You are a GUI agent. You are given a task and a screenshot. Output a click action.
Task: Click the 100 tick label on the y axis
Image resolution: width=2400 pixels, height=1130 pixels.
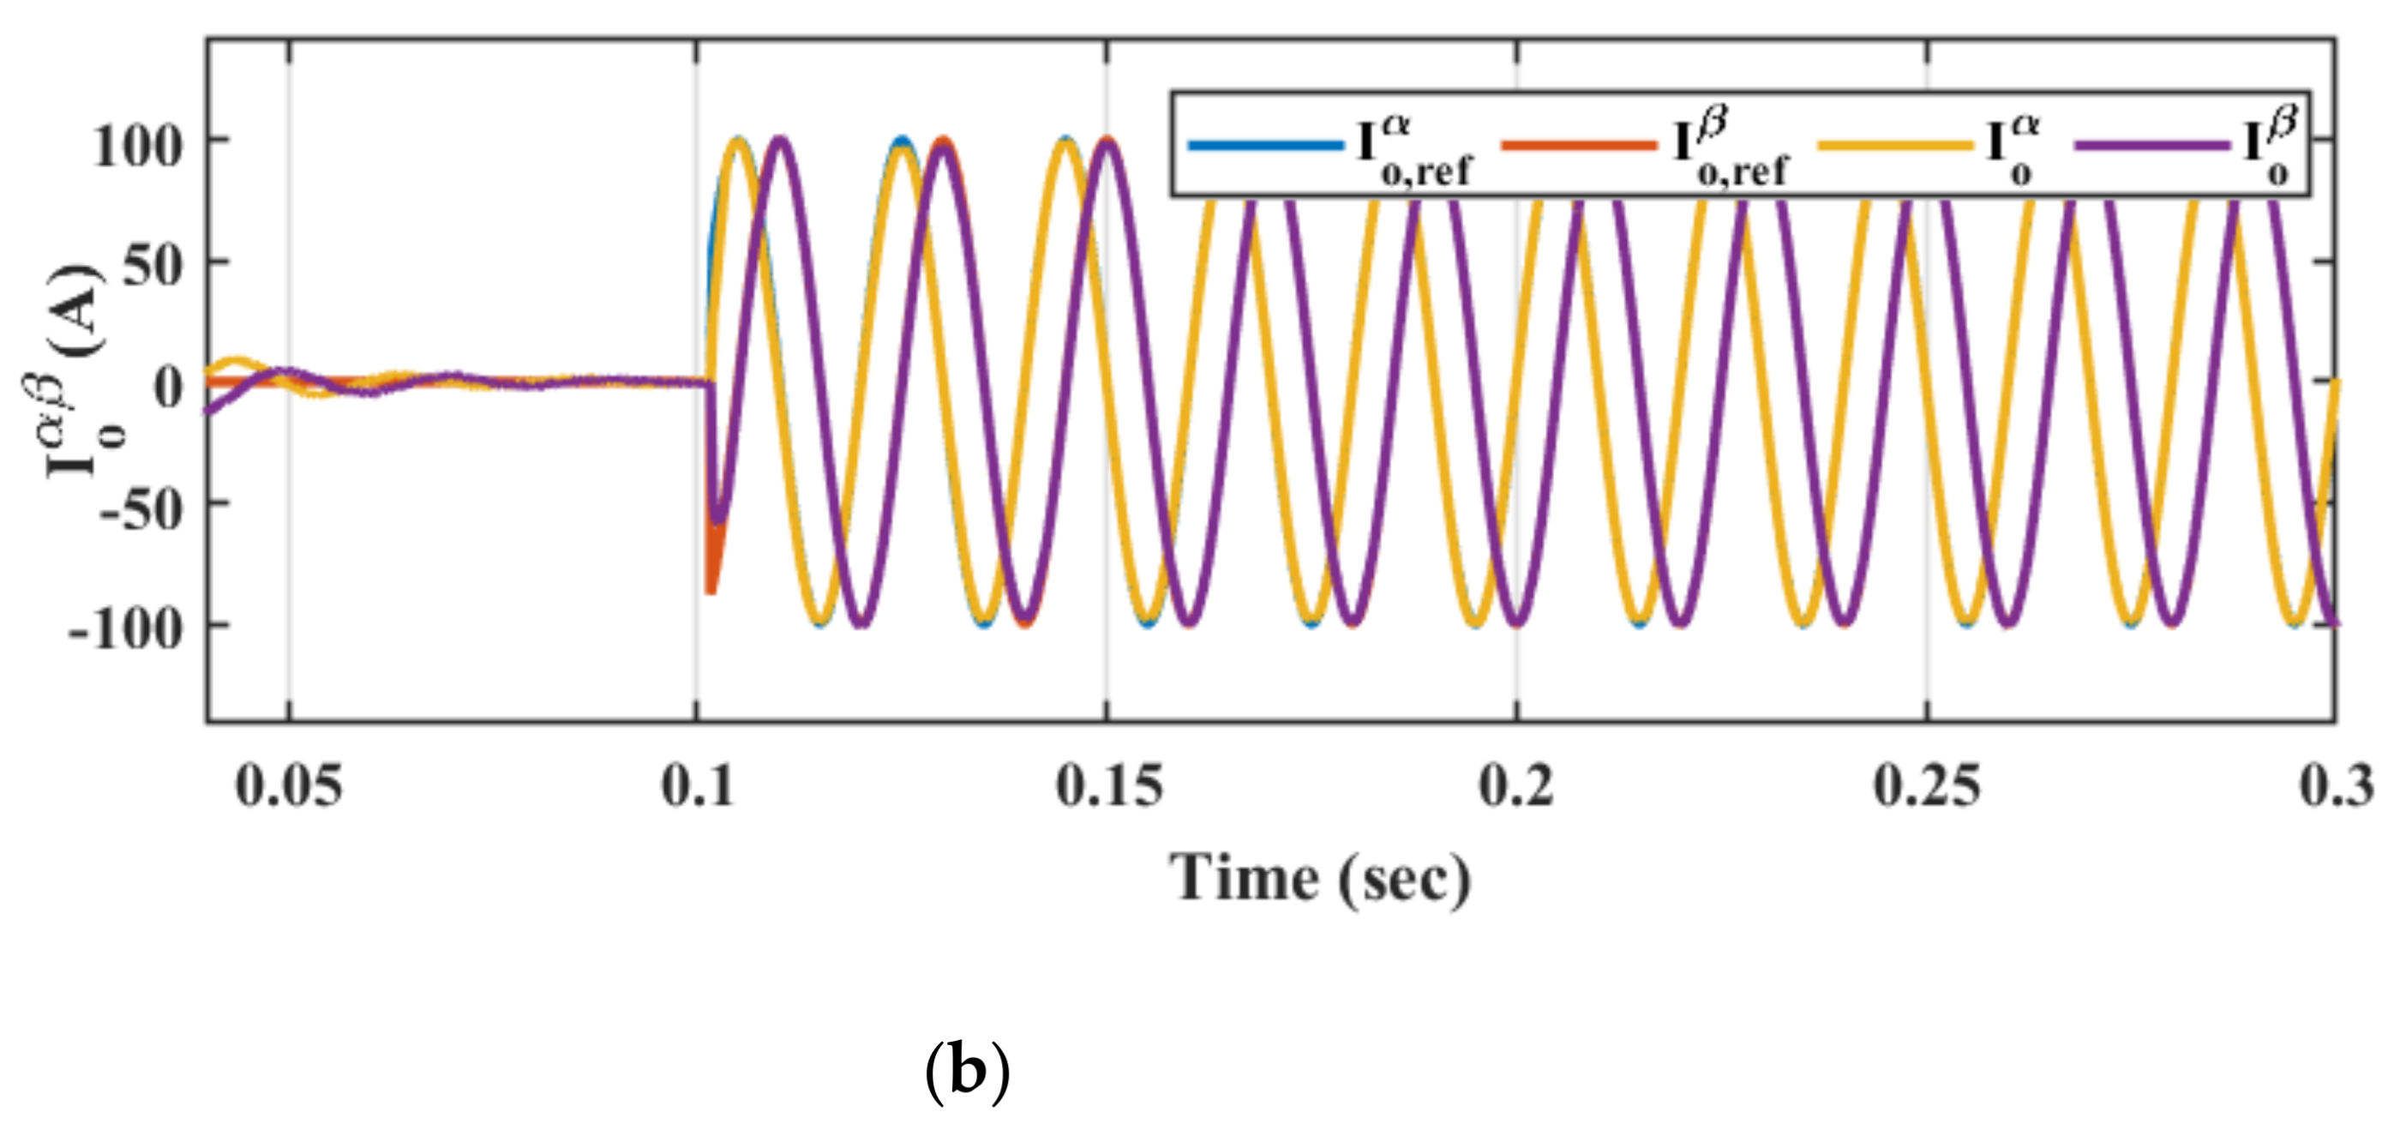[x=137, y=147]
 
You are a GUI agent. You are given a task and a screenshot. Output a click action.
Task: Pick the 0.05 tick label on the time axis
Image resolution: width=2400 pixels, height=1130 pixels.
[x=289, y=785]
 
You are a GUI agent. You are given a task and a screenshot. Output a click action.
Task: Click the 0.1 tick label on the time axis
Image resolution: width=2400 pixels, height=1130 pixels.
[x=697, y=785]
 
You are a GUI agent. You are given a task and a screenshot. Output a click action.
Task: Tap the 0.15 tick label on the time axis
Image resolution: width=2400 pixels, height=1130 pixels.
[x=1108, y=785]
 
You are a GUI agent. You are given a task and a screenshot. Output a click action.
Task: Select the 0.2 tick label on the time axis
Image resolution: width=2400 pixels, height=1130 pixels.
[x=1517, y=785]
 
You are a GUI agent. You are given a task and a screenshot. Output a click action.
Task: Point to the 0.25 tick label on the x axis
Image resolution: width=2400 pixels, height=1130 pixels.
[x=1927, y=785]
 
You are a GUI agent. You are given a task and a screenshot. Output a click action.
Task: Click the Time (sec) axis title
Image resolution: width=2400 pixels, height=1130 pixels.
[x=1320, y=879]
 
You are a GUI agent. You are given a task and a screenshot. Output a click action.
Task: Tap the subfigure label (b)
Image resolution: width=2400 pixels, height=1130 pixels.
[x=967, y=1073]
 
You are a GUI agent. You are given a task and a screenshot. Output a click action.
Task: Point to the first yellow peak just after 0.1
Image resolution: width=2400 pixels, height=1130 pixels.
[x=739, y=141]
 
